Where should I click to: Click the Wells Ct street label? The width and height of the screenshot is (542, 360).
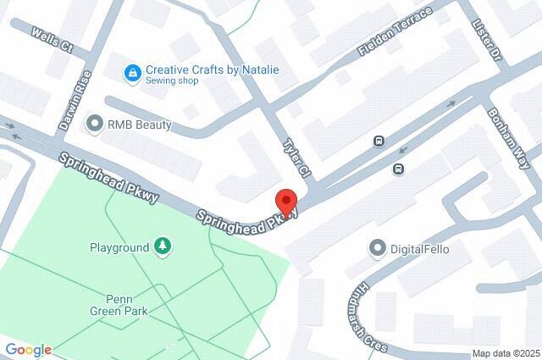pos(52,39)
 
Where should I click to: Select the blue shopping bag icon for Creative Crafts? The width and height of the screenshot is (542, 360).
pos(132,75)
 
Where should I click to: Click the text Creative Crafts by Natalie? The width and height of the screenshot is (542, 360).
pos(212,69)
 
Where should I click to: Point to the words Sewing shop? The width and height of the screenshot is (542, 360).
pos(171,83)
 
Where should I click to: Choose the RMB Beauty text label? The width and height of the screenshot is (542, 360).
pos(139,125)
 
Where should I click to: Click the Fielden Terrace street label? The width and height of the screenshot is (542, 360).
pos(395,35)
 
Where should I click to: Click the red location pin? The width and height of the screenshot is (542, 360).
pos(286,203)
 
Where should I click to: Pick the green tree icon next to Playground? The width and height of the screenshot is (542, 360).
pos(161,247)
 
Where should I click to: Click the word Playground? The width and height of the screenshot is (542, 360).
pos(119,248)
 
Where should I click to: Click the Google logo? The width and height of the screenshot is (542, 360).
pos(28,350)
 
